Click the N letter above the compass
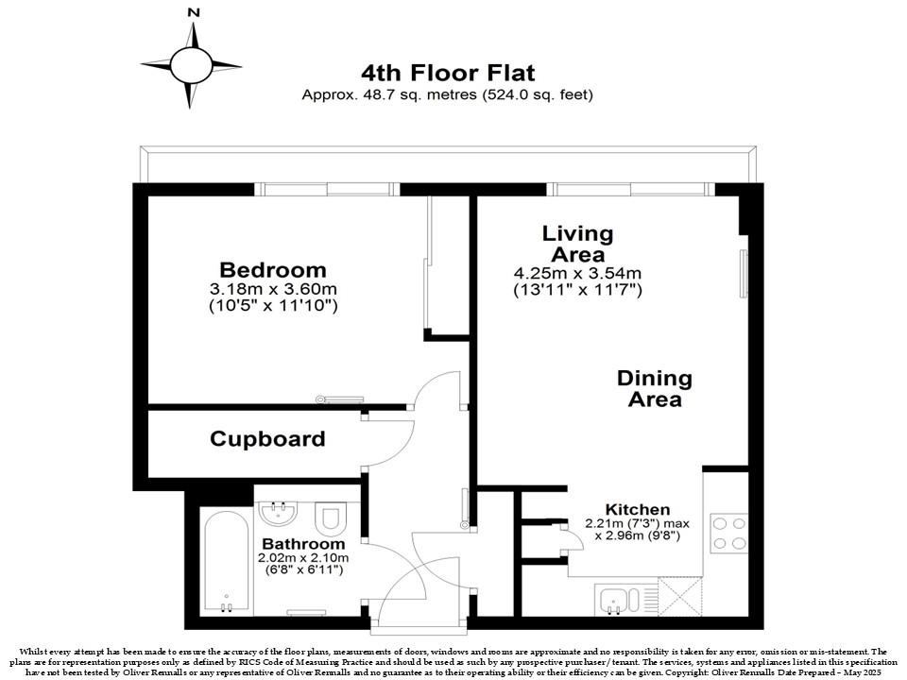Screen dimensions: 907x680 (x=195, y=12)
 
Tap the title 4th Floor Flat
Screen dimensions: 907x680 (x=448, y=73)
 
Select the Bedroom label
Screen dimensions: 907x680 (x=273, y=270)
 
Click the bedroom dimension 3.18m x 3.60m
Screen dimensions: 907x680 (x=273, y=289)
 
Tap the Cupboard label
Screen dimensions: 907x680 (x=267, y=439)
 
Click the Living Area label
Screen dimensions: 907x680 (x=577, y=244)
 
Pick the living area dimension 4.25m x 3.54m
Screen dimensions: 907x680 (x=577, y=273)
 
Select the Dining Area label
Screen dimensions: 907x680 (x=654, y=388)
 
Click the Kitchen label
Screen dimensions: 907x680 (x=638, y=509)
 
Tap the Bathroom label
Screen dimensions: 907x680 (x=303, y=544)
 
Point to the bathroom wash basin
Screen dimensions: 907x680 (x=279, y=513)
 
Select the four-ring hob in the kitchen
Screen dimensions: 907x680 (x=728, y=533)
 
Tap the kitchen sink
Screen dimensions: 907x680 (x=619, y=600)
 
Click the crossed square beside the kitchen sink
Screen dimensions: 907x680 (x=680, y=597)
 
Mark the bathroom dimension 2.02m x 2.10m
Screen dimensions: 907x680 (x=303, y=558)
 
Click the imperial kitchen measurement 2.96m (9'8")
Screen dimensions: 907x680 (x=638, y=535)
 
